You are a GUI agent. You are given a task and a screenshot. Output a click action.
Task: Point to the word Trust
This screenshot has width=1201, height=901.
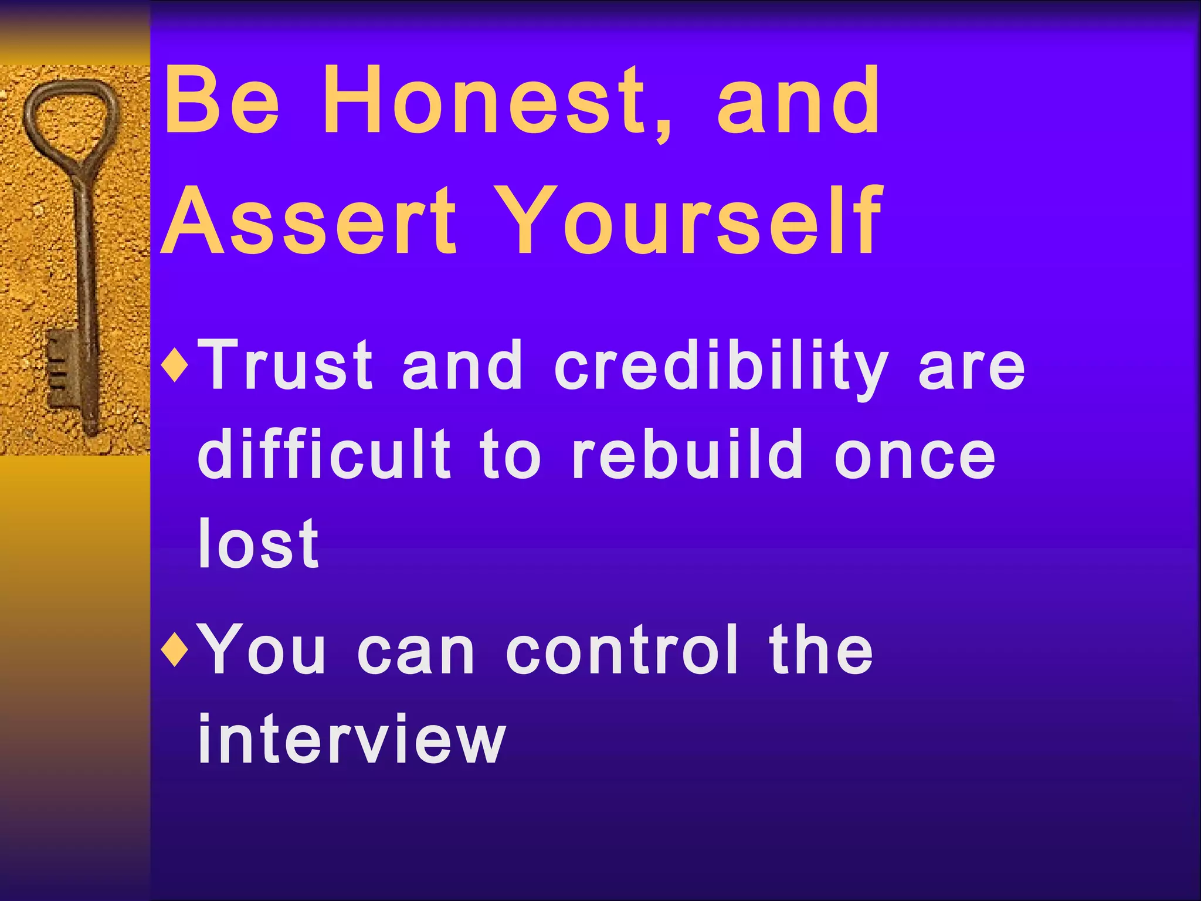pyautogui.click(x=285, y=365)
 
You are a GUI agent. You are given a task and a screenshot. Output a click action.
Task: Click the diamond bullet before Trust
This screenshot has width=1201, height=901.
pyautogui.click(x=177, y=366)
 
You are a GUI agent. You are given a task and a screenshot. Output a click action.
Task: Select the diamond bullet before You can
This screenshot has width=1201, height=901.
pyautogui.click(x=177, y=650)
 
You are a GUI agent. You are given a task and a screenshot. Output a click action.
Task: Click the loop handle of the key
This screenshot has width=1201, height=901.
pyautogui.click(x=70, y=117)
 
